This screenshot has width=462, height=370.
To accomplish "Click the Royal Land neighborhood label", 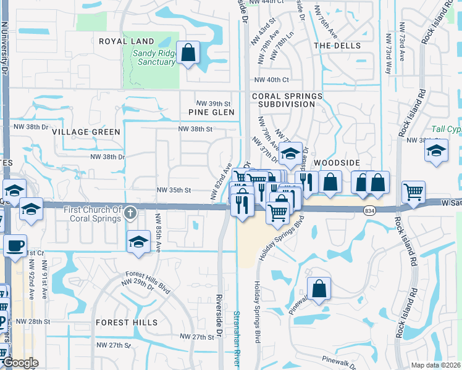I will [126, 41].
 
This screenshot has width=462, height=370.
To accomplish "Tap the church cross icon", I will [130, 213].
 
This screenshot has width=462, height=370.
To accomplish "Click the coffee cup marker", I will [15, 245].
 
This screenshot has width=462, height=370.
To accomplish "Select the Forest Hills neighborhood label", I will [126, 323].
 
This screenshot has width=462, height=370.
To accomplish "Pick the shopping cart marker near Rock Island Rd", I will [413, 192].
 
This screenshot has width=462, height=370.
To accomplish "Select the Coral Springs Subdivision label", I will [287, 101].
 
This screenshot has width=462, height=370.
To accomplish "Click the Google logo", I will [20, 363].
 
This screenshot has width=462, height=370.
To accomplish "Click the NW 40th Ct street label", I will [275, 80].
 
